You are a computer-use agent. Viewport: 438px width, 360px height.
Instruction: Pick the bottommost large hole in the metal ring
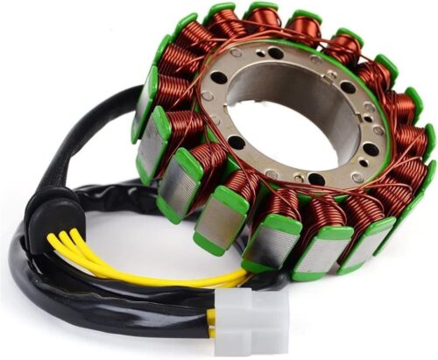click(314, 179)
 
